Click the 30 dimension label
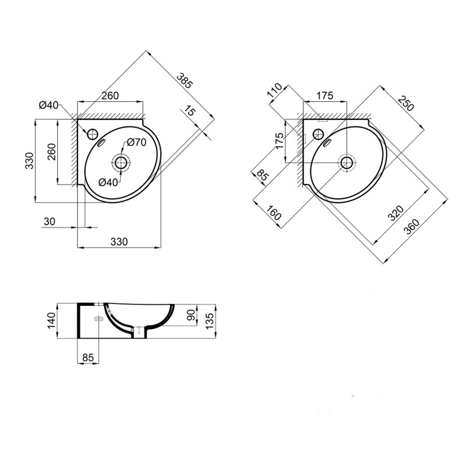[x=50, y=221]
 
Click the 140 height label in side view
[x=51, y=320]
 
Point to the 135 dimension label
[x=211, y=320]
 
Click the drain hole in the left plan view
[x=121, y=163]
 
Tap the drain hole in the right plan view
[x=347, y=163]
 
